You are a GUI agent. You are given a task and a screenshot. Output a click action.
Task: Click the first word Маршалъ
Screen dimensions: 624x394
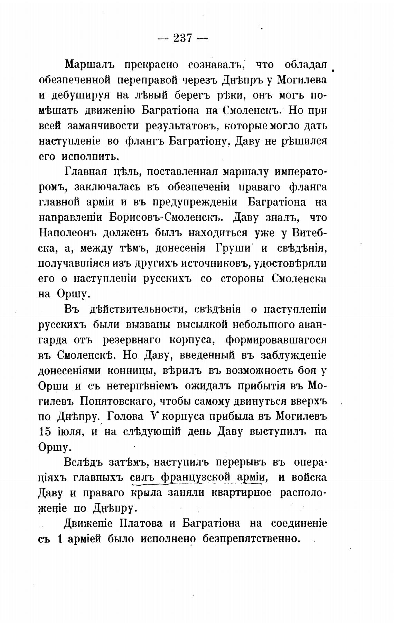coord(87,65)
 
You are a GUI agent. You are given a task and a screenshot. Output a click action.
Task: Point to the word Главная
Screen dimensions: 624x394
coord(81,172)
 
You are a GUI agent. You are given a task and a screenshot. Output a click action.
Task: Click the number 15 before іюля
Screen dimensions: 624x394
coord(44,432)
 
